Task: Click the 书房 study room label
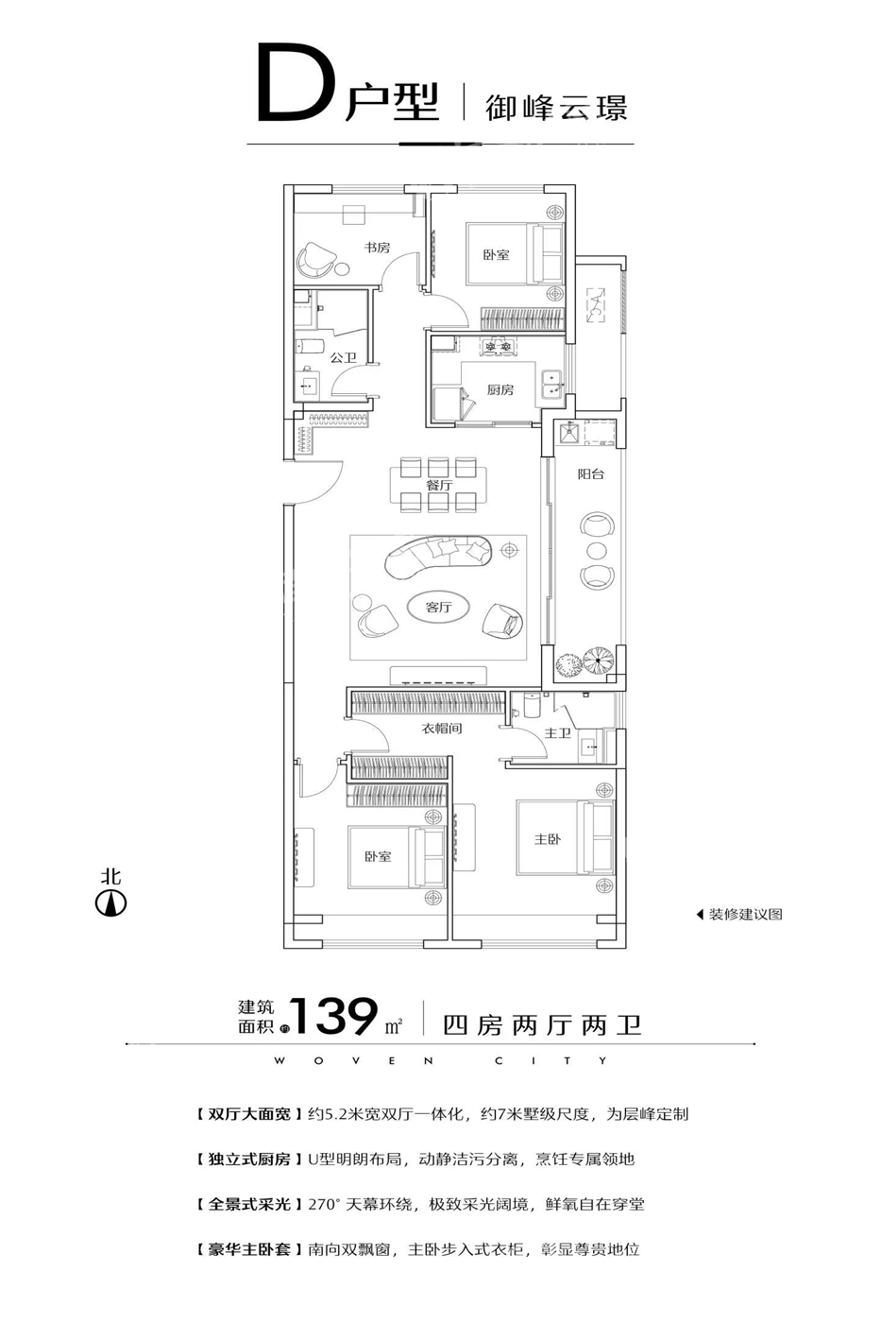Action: click(x=377, y=247)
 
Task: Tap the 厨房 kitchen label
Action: click(x=500, y=389)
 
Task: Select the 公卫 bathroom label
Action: click(x=343, y=357)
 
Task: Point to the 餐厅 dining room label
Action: click(x=438, y=485)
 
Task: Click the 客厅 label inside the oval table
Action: click(x=438, y=607)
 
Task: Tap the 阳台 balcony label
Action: click(x=591, y=473)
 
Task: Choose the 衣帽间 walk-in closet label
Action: click(x=441, y=729)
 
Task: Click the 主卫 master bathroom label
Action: click(x=558, y=733)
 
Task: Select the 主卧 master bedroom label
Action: click(x=548, y=839)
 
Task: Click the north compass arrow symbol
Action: click(x=110, y=903)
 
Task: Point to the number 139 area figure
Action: click(x=333, y=1017)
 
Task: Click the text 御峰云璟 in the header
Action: click(x=556, y=108)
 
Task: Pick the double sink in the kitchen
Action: click(x=551, y=384)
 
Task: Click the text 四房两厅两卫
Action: click(x=542, y=1025)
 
